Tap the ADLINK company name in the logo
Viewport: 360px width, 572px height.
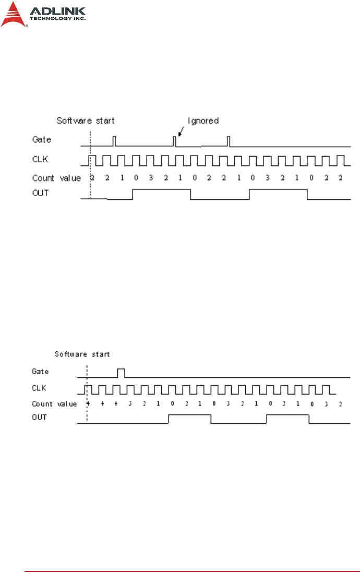[x=58, y=10]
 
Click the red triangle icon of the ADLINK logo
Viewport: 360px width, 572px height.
[x=14, y=15]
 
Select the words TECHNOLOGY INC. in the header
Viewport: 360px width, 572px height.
[x=58, y=18]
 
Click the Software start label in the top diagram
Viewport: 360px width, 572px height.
[x=85, y=121]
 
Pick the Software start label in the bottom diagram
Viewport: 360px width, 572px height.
[x=82, y=354]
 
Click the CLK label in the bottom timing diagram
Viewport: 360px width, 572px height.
[x=40, y=388]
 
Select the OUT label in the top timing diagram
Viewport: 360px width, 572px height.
[x=40, y=194]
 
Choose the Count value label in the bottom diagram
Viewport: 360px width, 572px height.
[x=54, y=403]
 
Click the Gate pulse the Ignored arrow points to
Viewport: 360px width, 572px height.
[x=175, y=141]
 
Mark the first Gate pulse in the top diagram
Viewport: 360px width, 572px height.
[x=115, y=141]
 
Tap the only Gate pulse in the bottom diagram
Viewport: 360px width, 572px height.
[x=121, y=373]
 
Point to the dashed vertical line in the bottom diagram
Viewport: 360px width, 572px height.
[x=87, y=397]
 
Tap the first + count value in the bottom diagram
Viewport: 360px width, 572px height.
[x=89, y=403]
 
